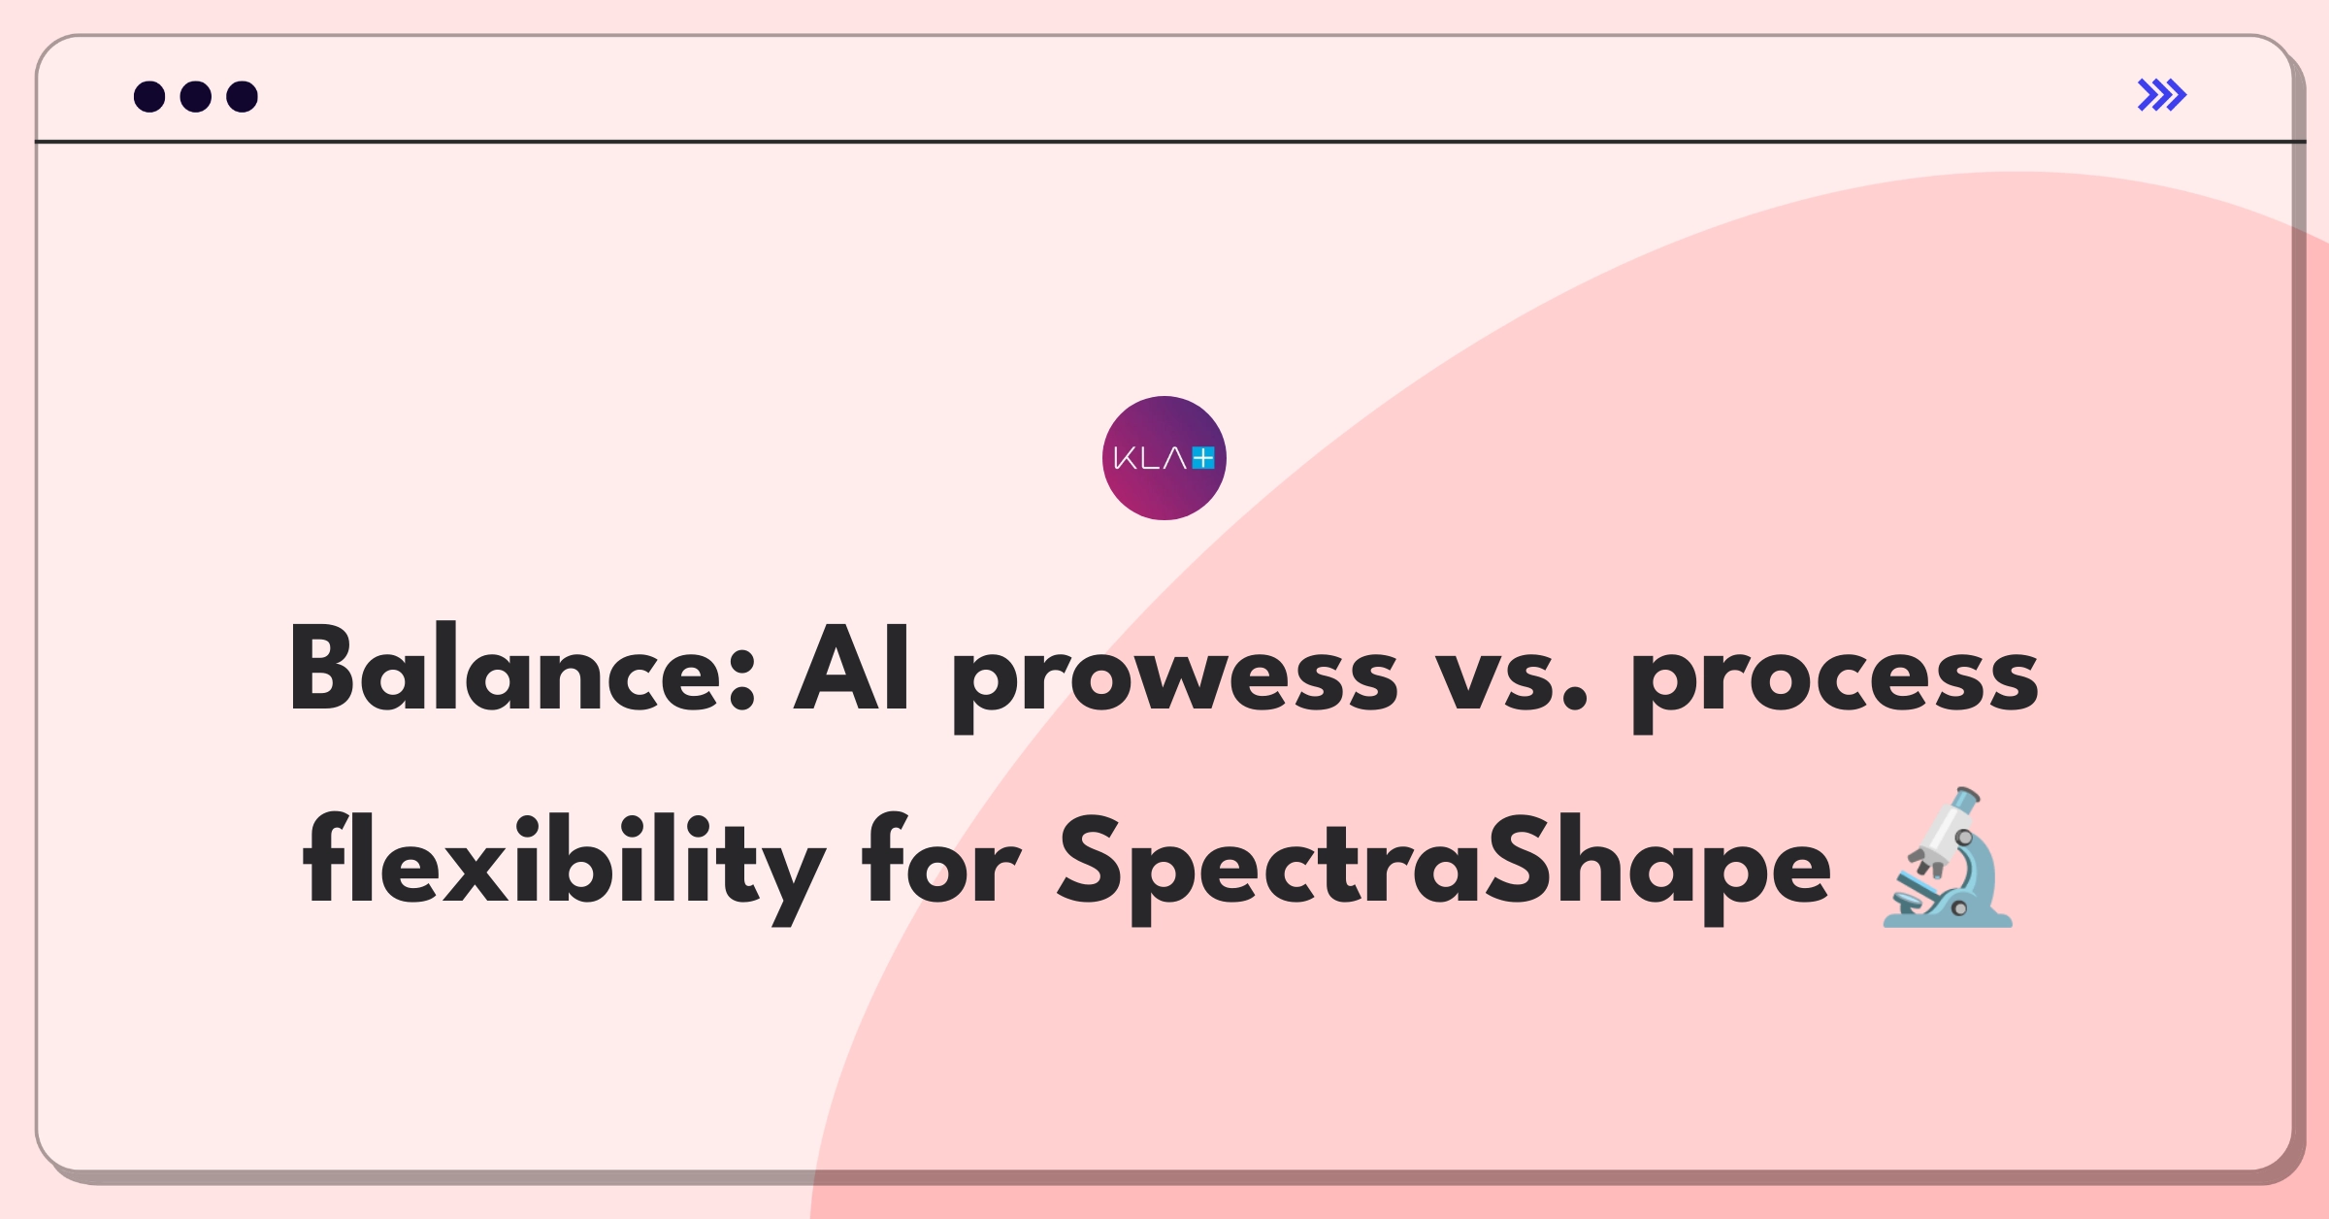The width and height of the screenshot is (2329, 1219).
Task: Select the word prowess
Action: tap(1174, 679)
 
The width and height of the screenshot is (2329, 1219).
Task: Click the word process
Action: tap(1833, 679)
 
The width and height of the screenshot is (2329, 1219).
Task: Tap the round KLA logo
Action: tap(1164, 458)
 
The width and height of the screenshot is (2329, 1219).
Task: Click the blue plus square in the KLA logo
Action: tap(1203, 458)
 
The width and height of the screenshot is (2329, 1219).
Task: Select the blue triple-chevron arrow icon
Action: tap(2161, 95)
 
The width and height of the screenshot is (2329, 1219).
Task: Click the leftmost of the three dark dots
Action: tap(149, 97)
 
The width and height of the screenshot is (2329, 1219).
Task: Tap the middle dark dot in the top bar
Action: tap(196, 97)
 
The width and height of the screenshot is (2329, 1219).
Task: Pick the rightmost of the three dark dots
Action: tap(242, 97)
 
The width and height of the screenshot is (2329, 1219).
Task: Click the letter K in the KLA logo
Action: tap(1125, 458)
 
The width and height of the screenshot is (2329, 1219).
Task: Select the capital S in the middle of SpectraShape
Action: tap(1518, 860)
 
